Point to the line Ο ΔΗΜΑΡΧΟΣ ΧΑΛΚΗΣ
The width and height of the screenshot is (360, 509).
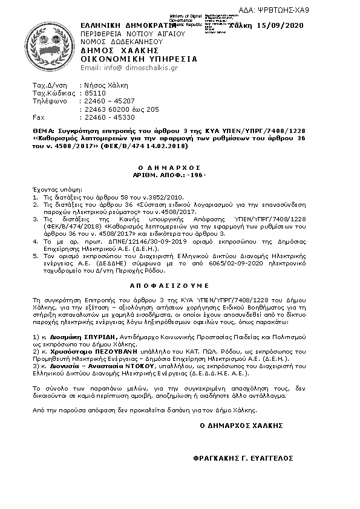[x=241, y=426]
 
